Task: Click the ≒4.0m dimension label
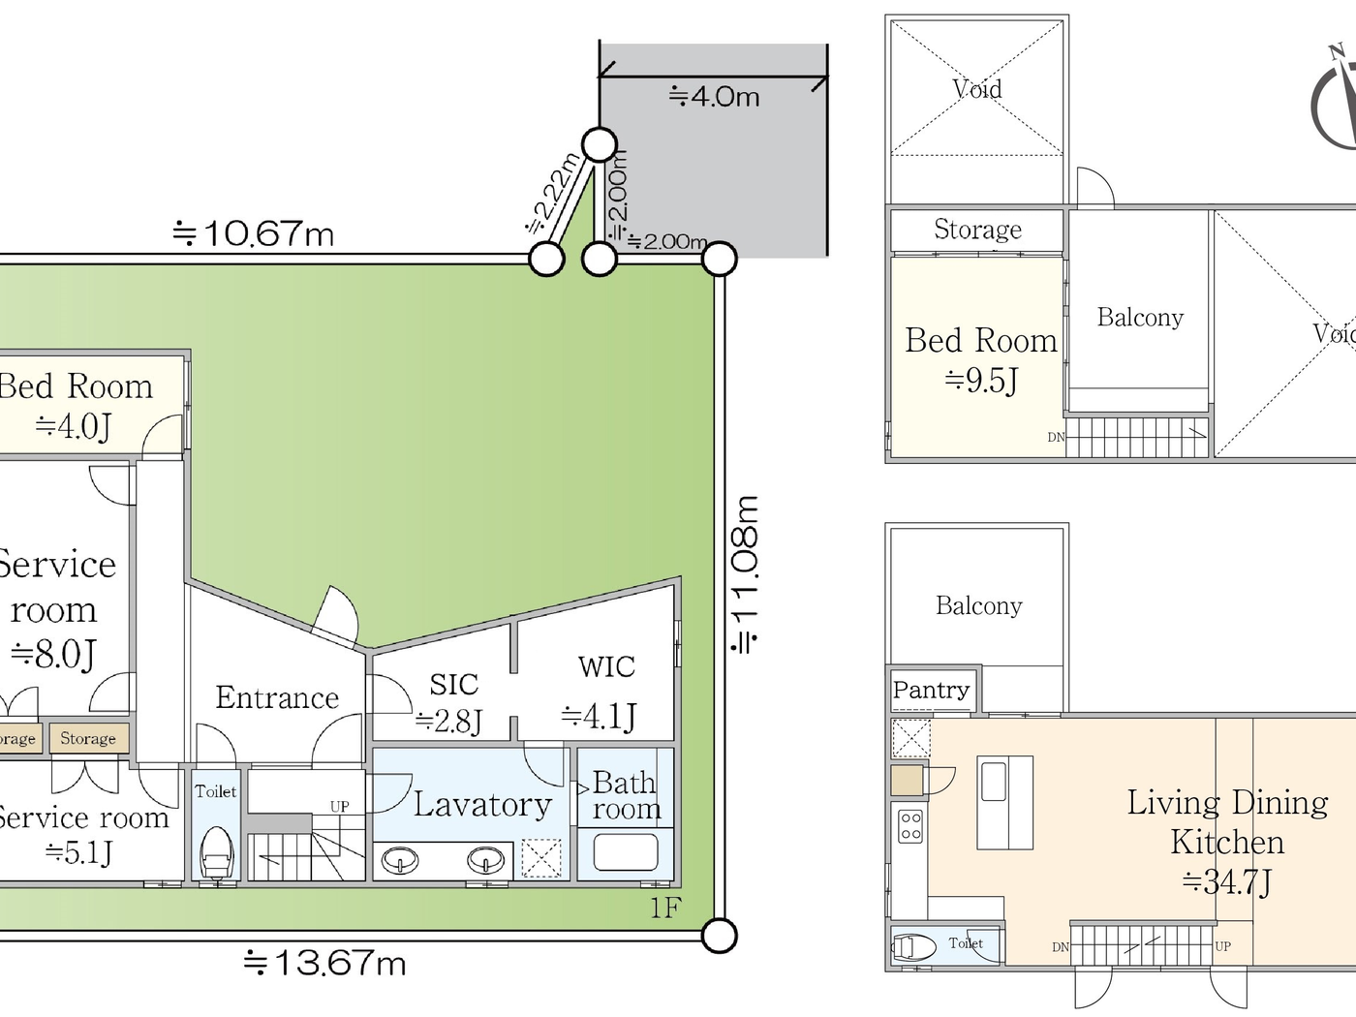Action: pyautogui.click(x=714, y=96)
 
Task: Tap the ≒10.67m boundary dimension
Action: pyautogui.click(x=253, y=233)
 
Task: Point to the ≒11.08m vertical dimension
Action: pyautogui.click(x=745, y=574)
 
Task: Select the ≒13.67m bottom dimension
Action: pyautogui.click(x=324, y=962)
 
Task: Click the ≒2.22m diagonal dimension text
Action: pyautogui.click(x=553, y=194)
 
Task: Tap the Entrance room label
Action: pyautogui.click(x=277, y=697)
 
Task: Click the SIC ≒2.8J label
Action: pyautogui.click(x=451, y=702)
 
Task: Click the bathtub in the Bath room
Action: pyautogui.click(x=626, y=853)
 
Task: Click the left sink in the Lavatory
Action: pyautogui.click(x=400, y=859)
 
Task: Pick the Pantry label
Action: pyautogui.click(x=931, y=690)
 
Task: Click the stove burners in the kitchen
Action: pyautogui.click(x=910, y=825)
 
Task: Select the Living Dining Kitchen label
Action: pyautogui.click(x=1227, y=841)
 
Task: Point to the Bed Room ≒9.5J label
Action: pyautogui.click(x=980, y=359)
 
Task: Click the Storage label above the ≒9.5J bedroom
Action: pyautogui.click(x=977, y=230)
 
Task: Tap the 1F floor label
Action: pyautogui.click(x=664, y=908)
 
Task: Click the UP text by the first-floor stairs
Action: pyautogui.click(x=339, y=806)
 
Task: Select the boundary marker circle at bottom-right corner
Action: pyautogui.click(x=719, y=936)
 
